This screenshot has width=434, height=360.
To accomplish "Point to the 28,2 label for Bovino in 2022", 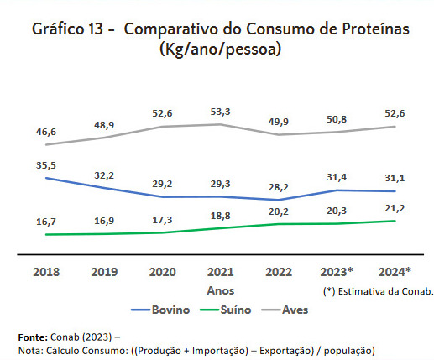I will [x=279, y=188].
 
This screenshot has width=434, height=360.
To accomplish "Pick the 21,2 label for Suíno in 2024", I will [x=395, y=208].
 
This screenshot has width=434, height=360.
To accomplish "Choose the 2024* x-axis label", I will [x=395, y=271].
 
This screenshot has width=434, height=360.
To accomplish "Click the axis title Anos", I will [x=219, y=290].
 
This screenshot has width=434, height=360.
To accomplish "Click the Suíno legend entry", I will [x=234, y=310].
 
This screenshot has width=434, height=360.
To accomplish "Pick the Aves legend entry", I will [x=294, y=310].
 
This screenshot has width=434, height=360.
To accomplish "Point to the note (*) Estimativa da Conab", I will [x=377, y=291].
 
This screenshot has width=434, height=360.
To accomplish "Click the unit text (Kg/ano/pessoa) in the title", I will [x=219, y=50].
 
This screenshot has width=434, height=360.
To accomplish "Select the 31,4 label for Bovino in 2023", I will [x=337, y=177].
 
